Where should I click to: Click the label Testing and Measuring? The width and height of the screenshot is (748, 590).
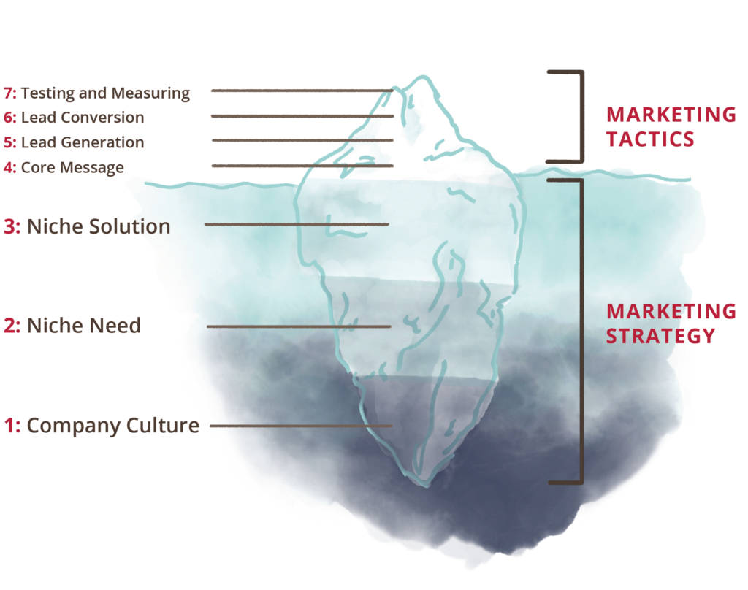tap(105, 93)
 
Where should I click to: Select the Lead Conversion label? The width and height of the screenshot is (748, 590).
tap(83, 118)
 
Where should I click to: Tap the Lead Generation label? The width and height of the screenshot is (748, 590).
tap(83, 142)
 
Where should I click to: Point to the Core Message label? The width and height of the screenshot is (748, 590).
tap(72, 168)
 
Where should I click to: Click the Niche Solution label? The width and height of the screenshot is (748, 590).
tap(99, 226)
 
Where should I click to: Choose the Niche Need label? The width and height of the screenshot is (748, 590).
tap(84, 325)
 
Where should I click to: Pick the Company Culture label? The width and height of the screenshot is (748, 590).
tap(113, 426)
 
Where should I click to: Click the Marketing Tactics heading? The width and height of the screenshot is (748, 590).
tap(671, 127)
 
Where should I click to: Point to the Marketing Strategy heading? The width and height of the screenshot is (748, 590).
tap(671, 323)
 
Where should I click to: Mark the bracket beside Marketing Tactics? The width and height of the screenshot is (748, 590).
tap(582, 117)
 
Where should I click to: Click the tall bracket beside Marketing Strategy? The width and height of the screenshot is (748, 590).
tap(581, 332)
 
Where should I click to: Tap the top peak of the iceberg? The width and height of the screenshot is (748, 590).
tap(422, 77)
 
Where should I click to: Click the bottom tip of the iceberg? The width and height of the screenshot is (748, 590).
tap(427, 486)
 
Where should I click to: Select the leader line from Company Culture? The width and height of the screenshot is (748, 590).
tap(301, 426)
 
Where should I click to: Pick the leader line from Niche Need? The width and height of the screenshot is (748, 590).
tap(299, 326)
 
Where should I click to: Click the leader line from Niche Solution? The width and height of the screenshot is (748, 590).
tap(297, 224)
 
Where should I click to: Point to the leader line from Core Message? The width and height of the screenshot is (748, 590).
tap(302, 166)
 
